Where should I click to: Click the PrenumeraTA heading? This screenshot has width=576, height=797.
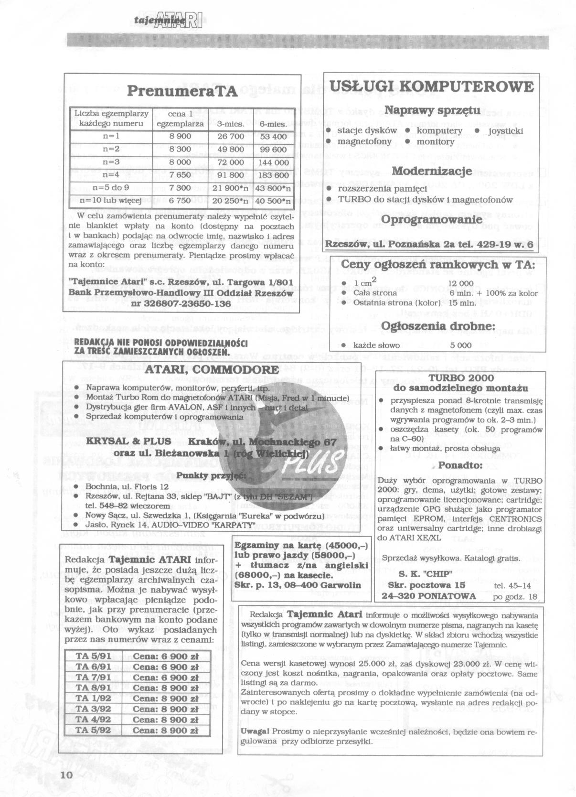click(x=182, y=92)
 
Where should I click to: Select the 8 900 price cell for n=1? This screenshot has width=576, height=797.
click(x=180, y=137)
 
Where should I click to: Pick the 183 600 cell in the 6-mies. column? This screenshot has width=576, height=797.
click(x=273, y=175)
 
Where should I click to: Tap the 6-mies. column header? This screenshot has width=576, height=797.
click(x=273, y=124)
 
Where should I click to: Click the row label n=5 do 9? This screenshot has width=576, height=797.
click(x=111, y=188)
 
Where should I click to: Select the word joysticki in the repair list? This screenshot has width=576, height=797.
click(x=505, y=131)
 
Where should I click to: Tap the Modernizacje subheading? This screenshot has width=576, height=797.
click(x=432, y=171)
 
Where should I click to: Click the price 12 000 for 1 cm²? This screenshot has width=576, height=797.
click(x=460, y=284)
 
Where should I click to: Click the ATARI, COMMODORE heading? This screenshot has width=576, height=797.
click(x=212, y=370)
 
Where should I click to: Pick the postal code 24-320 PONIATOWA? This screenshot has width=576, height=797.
click(x=428, y=596)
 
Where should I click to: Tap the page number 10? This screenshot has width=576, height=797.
click(x=66, y=775)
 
